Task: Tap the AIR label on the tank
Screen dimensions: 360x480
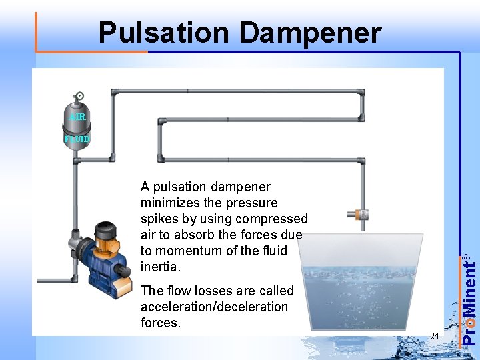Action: click(x=77, y=117)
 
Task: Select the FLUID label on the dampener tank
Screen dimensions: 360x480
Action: click(x=77, y=139)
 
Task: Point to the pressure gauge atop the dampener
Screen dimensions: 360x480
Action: click(x=79, y=96)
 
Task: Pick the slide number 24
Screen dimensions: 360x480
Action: click(x=434, y=336)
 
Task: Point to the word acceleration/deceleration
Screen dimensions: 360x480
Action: click(x=214, y=307)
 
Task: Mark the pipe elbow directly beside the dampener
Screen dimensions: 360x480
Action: click(x=111, y=159)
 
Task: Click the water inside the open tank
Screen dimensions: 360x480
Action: click(x=360, y=293)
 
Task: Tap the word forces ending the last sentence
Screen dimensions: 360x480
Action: click(x=161, y=323)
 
